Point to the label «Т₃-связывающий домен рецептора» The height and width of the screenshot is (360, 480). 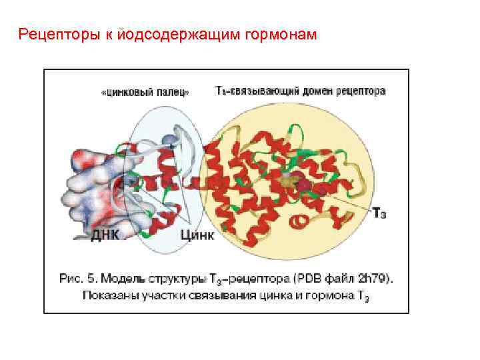(x=300, y=91)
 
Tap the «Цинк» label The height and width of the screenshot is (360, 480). (x=197, y=235)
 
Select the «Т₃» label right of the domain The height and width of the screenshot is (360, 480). (x=378, y=213)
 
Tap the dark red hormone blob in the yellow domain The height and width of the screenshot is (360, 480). (x=301, y=182)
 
